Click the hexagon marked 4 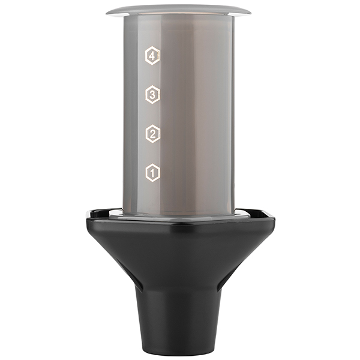point(152,56)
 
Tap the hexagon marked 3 point(152,94)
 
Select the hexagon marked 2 point(152,134)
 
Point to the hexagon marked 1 point(152,173)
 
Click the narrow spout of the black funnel point(179,322)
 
